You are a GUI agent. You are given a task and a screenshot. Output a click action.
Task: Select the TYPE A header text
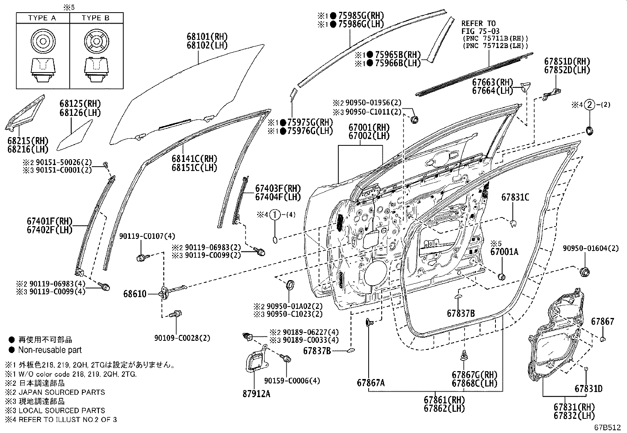pyautogui.click(x=42, y=18)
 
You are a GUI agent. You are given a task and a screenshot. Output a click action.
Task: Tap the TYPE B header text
pyautogui.click(x=95, y=18)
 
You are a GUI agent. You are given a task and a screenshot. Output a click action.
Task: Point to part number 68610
pyautogui.click(x=135, y=294)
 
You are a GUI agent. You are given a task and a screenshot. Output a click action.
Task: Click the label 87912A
pyautogui.click(x=256, y=393)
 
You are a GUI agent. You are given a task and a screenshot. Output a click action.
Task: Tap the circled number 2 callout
pyautogui.click(x=590, y=105)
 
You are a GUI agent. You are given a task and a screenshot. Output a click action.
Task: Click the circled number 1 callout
pyautogui.click(x=276, y=215)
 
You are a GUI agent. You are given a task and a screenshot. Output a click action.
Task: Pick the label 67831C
pyautogui.click(x=515, y=197)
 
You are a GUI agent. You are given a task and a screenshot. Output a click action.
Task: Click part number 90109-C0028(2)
pyautogui.click(x=182, y=338)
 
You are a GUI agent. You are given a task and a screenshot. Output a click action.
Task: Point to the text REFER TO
pyautogui.click(x=479, y=24)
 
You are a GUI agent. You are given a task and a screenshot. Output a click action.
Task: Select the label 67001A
pyautogui.click(x=504, y=252)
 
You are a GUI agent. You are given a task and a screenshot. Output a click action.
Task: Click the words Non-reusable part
pyautogui.click(x=50, y=350)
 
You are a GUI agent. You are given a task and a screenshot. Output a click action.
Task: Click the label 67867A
pyautogui.click(x=371, y=382)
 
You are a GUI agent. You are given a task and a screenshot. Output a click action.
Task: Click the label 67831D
pyautogui.click(x=588, y=389)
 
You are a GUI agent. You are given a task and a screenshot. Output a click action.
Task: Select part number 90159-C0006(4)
pyautogui.click(x=292, y=381)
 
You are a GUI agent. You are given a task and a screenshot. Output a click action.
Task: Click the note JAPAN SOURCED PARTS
pyautogui.click(x=61, y=392)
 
